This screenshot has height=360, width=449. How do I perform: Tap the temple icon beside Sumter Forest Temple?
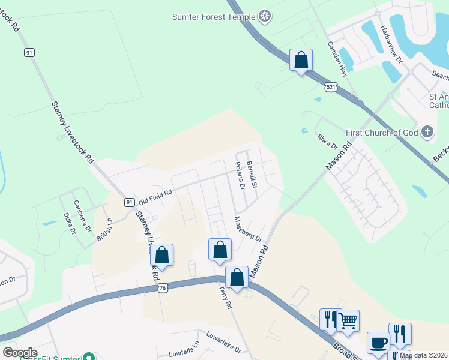(x=265, y=16)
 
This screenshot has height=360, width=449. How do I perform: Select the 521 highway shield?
(x=331, y=88)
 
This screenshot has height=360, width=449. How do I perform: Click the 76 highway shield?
(x=163, y=289)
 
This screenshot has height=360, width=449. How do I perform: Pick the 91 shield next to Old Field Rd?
(x=130, y=202)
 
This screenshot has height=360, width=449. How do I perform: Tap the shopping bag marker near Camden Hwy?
(x=301, y=60)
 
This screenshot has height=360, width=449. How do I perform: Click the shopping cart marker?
(x=348, y=321)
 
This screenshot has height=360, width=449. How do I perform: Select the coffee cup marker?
(x=378, y=343)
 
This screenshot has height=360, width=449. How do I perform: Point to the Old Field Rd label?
(x=155, y=196)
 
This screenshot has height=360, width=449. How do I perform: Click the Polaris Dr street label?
(x=240, y=175)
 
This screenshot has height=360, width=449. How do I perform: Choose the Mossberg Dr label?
(x=249, y=229)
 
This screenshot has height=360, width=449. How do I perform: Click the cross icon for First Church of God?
(x=427, y=131)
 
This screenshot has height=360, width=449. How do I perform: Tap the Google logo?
(x=20, y=353)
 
